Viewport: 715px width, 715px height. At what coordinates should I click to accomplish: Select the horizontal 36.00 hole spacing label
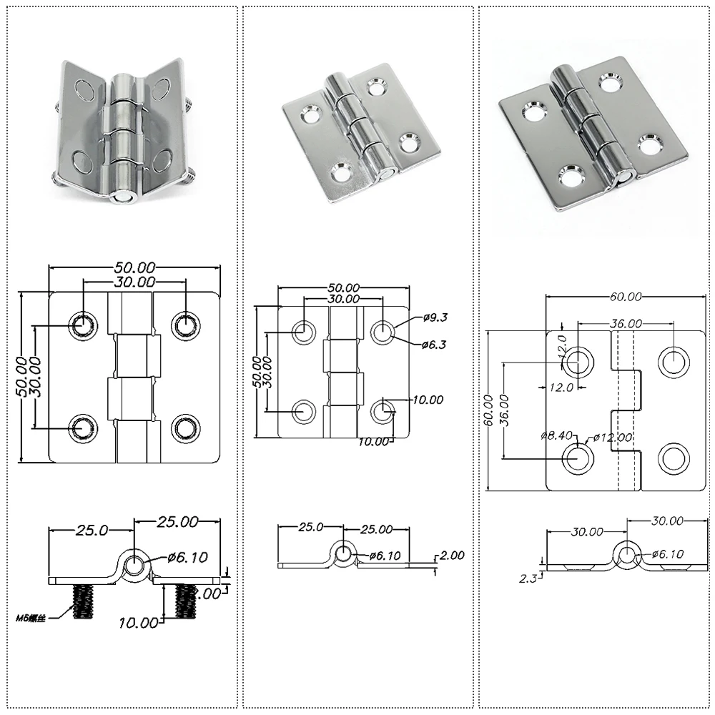point(626,323)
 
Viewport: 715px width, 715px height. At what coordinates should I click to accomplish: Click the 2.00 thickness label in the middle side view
point(451,554)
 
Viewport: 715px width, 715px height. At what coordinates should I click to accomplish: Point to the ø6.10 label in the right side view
point(668,553)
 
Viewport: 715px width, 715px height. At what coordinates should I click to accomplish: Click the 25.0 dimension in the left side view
point(92,530)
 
